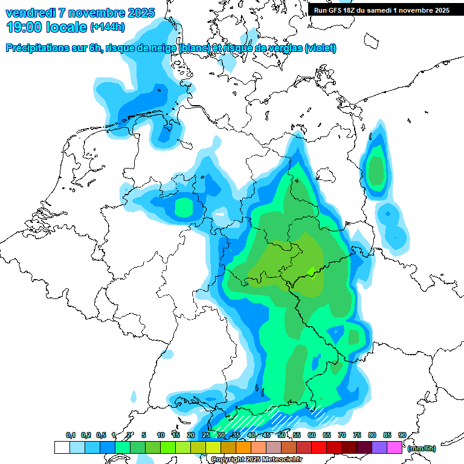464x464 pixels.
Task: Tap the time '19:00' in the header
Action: point(24,27)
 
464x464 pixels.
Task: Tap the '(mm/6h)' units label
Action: point(422,448)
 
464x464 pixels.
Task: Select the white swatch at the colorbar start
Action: point(62,448)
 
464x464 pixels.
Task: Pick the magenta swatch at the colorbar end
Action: point(395,448)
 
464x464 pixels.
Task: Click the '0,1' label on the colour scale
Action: point(71,436)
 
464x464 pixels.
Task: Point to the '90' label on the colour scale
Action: point(402,436)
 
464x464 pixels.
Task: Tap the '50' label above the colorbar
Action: point(282,436)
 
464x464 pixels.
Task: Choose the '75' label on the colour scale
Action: point(357,436)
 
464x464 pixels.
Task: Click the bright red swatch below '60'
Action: point(319,448)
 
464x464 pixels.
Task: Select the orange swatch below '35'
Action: point(243,448)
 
